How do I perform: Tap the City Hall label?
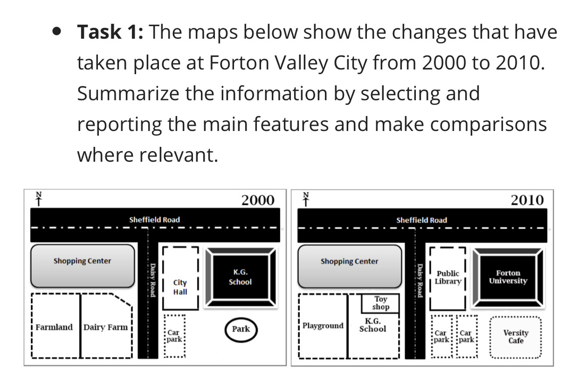(x=180, y=287)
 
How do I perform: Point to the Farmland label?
(x=54, y=327)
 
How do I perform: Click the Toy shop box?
(x=380, y=303)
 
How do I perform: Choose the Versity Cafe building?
(x=516, y=337)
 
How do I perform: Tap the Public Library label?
(x=448, y=277)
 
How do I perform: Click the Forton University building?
(x=508, y=278)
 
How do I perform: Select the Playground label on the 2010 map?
(x=323, y=325)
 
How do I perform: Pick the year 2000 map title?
(x=258, y=200)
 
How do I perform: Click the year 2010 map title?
(x=527, y=200)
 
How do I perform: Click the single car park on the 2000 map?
(x=174, y=336)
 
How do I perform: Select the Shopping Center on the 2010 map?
(x=349, y=266)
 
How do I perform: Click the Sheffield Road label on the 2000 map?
(x=154, y=220)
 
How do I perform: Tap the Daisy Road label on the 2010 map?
(x=420, y=281)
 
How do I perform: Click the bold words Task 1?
(x=110, y=32)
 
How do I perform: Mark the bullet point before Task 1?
(x=56, y=32)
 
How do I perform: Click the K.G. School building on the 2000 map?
(x=240, y=277)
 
